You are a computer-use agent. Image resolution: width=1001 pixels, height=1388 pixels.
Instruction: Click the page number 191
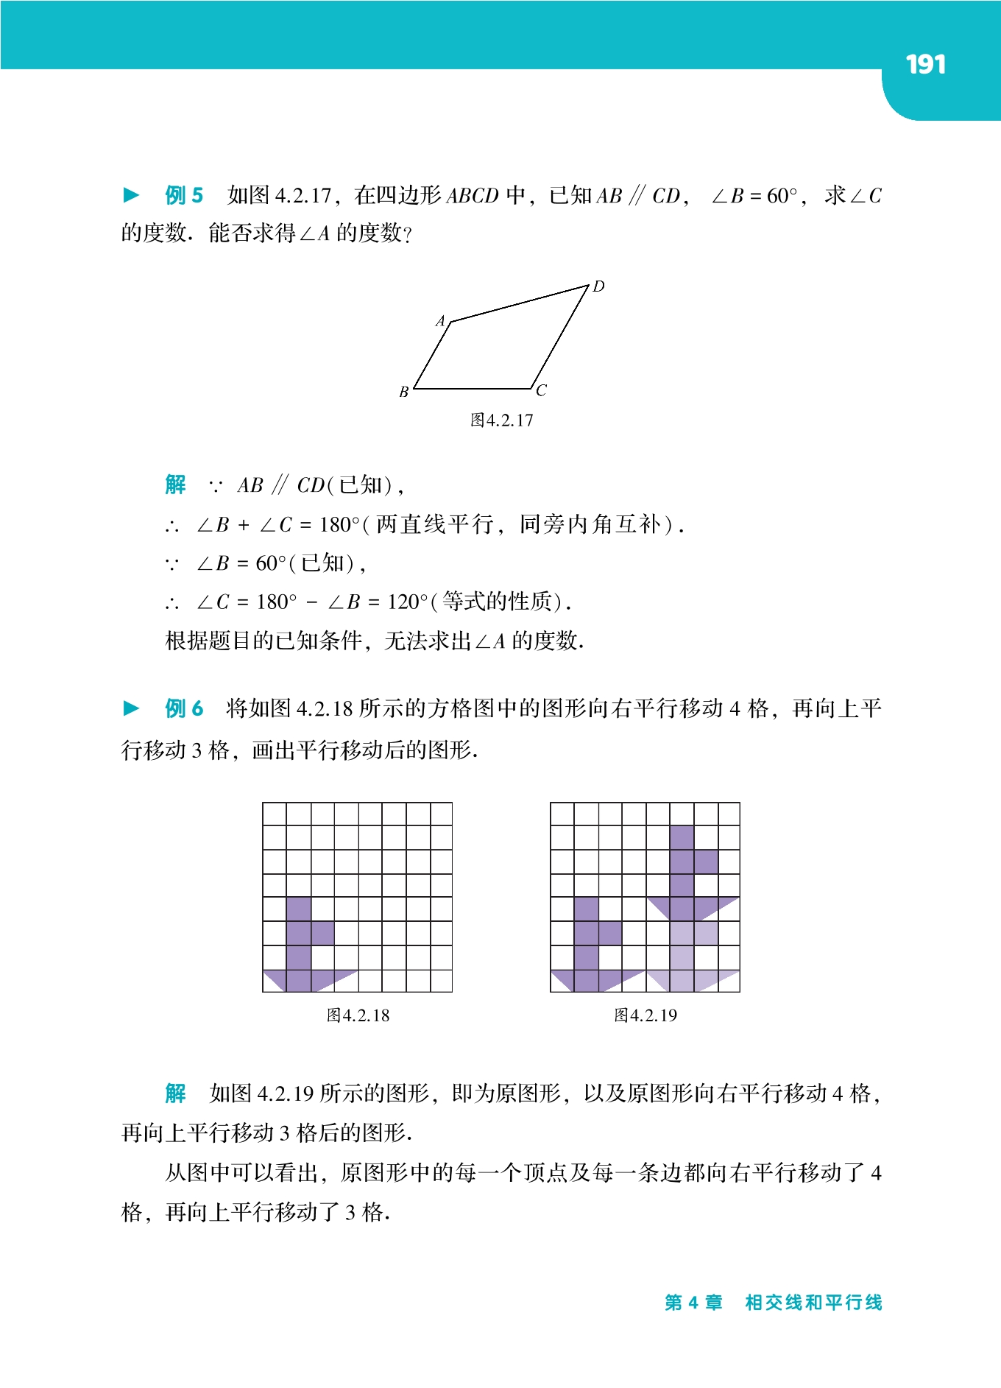[925, 65]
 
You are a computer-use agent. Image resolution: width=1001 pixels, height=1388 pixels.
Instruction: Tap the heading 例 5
[184, 195]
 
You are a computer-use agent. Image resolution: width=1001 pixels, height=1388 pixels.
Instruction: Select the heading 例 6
[184, 708]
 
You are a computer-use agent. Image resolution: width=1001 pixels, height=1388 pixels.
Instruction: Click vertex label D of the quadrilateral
[598, 286]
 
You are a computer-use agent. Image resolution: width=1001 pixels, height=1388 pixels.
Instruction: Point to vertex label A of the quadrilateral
[441, 321]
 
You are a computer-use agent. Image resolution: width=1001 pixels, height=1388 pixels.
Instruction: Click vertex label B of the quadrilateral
[404, 392]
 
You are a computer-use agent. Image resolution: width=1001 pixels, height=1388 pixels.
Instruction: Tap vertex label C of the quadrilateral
[542, 391]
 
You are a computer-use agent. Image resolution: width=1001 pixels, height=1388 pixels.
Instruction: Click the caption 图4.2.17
[501, 420]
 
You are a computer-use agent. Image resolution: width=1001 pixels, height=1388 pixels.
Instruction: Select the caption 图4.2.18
[358, 1015]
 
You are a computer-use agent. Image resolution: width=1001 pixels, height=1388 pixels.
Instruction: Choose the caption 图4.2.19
[645, 1015]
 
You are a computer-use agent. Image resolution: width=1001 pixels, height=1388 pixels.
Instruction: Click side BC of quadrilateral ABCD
[473, 388]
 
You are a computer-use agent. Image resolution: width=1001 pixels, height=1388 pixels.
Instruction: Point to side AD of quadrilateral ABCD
[520, 303]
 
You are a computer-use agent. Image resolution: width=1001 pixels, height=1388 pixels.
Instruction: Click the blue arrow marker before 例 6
[132, 708]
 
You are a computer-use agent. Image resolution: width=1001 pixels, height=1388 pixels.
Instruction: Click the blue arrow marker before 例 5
[132, 195]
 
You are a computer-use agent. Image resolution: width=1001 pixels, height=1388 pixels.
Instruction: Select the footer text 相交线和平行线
[813, 1303]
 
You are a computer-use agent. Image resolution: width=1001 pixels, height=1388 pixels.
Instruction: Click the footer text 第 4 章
[693, 1303]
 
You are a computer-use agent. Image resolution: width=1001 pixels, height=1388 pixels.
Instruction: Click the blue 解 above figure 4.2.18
[176, 485]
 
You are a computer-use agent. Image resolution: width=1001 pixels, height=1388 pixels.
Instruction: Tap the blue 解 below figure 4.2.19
[176, 1093]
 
